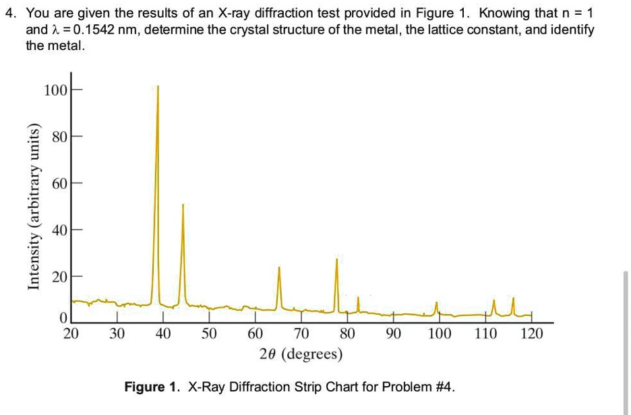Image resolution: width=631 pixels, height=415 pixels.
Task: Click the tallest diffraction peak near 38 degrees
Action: (158, 88)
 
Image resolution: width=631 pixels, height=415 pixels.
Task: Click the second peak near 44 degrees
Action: (183, 205)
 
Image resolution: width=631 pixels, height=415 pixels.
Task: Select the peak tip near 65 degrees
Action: (278, 268)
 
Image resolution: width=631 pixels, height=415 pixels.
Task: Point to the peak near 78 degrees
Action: (337, 261)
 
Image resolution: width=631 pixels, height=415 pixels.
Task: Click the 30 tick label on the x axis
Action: (117, 333)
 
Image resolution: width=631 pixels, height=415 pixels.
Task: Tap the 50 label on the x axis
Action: (209, 333)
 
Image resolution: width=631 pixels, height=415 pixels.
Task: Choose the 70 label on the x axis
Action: (301, 333)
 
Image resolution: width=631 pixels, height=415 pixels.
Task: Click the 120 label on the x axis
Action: (532, 333)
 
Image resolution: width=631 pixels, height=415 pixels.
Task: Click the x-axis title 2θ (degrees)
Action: (301, 354)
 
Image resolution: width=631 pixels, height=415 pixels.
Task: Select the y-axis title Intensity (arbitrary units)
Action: (32, 207)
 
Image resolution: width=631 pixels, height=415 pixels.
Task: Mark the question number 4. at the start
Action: (10, 13)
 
